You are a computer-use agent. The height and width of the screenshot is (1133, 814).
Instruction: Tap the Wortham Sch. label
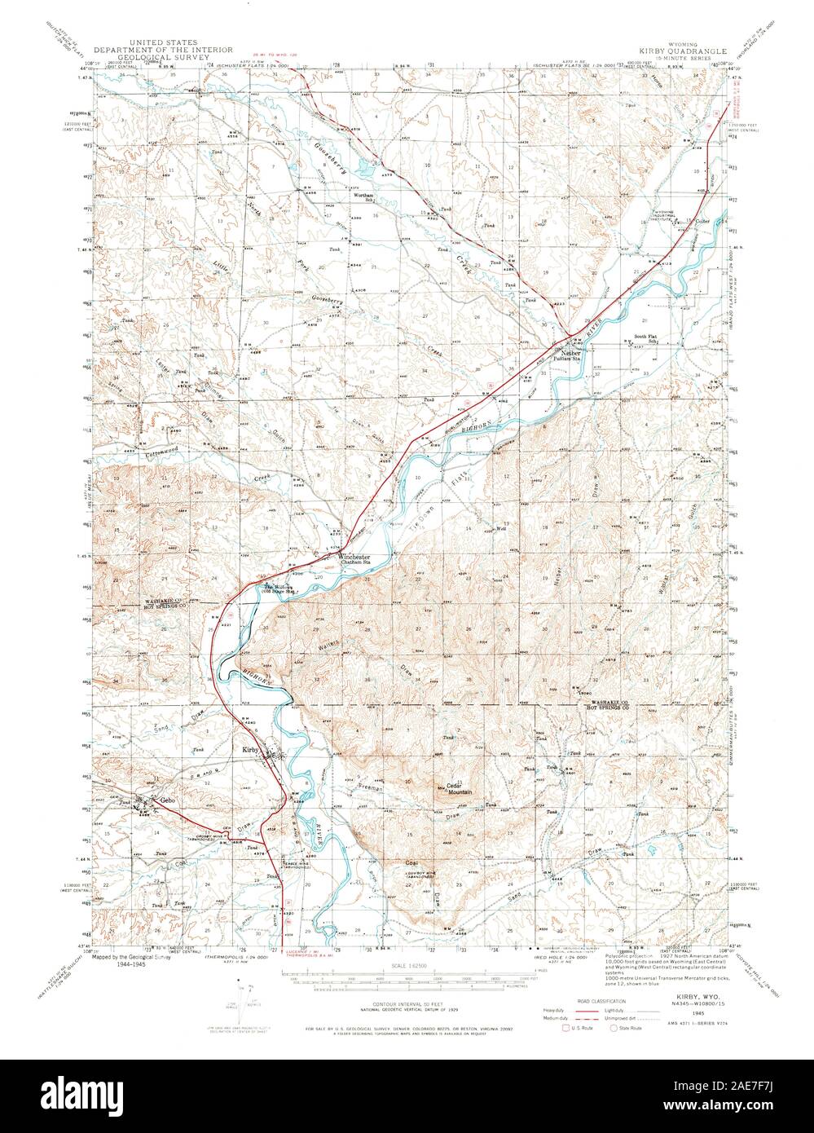coord(363,196)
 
